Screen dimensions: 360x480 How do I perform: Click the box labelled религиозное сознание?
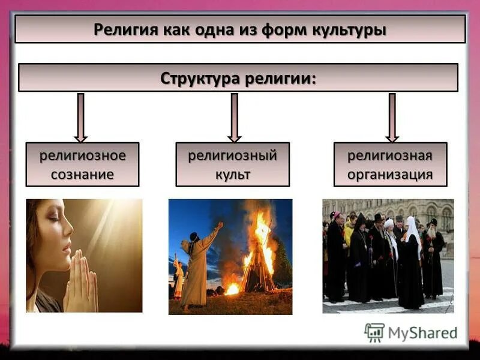click(82, 164)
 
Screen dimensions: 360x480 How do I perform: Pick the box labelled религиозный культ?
click(232, 164)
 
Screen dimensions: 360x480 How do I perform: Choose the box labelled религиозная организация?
click(390, 164)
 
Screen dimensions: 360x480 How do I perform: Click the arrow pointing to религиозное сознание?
click(81, 118)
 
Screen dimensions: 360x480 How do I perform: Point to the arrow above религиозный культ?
click(234, 118)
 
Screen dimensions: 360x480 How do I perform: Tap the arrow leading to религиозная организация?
click(392, 118)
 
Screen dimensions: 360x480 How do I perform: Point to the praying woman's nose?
click(70, 229)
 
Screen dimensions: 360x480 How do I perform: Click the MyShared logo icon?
click(374, 332)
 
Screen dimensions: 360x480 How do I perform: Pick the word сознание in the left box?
click(82, 175)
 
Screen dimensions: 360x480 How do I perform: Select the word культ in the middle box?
click(232, 175)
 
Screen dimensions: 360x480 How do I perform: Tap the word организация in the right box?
click(390, 175)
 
